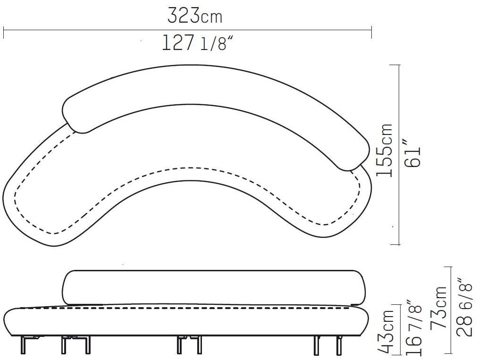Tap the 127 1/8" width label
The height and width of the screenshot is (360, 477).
click(x=198, y=42)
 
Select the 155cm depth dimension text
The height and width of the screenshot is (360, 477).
click(x=384, y=150)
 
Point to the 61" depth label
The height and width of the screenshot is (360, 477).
click(x=412, y=153)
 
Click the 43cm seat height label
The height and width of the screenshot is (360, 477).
click(x=386, y=332)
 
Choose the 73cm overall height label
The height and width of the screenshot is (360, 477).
click(x=438, y=307)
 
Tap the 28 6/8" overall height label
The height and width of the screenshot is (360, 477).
click(x=465, y=307)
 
